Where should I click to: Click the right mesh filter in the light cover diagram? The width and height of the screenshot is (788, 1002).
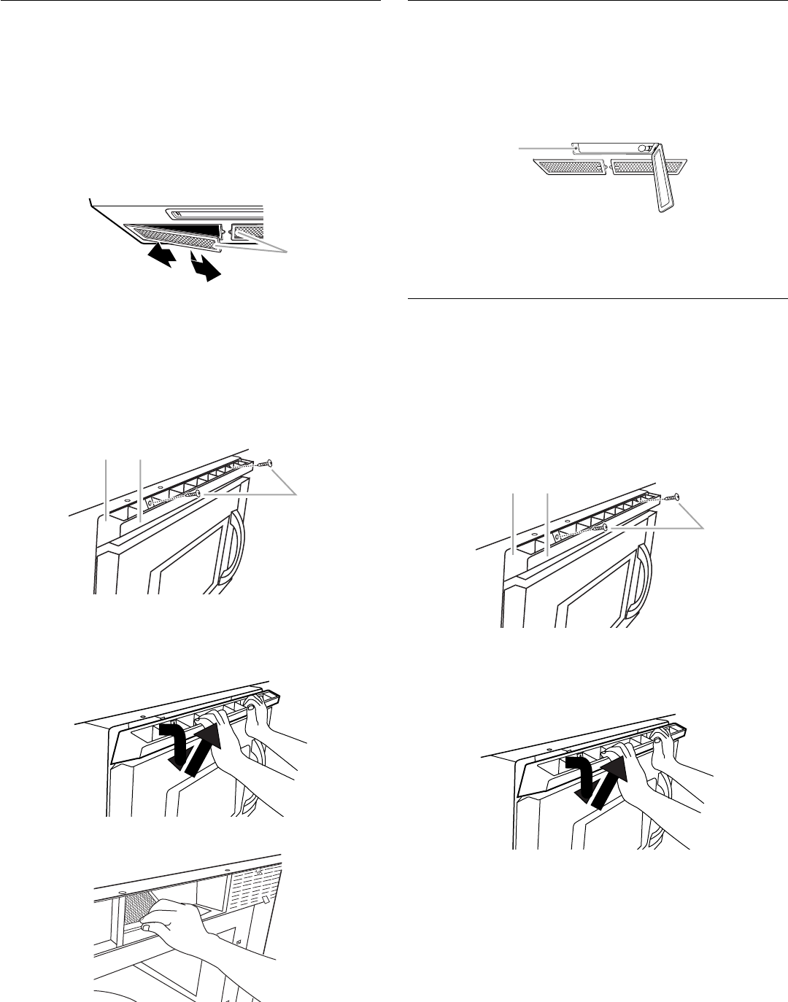[646, 168]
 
